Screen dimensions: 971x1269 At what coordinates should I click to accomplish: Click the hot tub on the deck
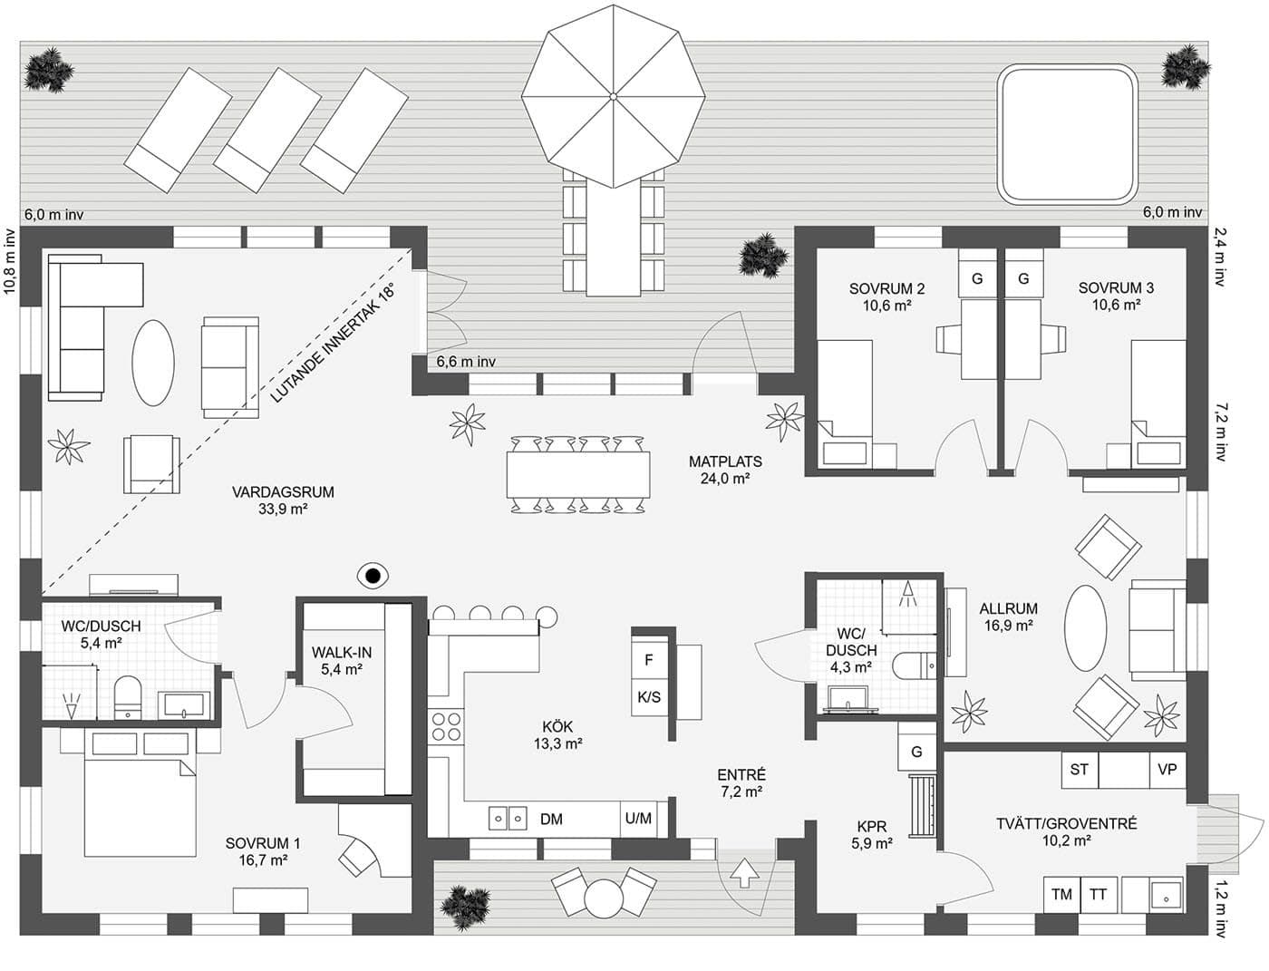coord(1067,134)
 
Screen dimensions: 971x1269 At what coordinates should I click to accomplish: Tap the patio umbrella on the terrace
coord(613,95)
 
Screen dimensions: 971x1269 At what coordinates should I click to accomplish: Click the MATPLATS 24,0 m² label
coord(725,470)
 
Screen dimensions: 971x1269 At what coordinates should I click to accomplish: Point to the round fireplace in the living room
coord(372,574)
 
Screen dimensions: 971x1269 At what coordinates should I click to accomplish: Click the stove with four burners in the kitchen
coord(445,727)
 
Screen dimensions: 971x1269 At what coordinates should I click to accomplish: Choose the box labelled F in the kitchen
coord(649,660)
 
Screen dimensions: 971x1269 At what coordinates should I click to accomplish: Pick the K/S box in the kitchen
coord(649,697)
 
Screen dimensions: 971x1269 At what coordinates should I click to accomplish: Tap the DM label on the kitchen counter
coord(551,819)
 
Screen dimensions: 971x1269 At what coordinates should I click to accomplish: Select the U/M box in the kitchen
coord(638,819)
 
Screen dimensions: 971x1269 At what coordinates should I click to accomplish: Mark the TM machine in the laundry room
coord(1061,894)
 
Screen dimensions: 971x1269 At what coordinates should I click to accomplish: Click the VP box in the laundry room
coord(1167,770)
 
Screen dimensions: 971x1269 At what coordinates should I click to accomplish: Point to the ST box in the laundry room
coord(1079,770)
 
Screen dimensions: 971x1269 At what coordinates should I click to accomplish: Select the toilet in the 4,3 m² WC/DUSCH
coord(912,666)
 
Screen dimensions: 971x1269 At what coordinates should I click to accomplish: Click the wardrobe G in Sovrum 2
coord(977,279)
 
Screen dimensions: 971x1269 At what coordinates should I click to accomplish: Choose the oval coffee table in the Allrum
coord(1085,627)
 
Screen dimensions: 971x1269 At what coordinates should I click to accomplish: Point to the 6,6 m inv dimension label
coord(466,362)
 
